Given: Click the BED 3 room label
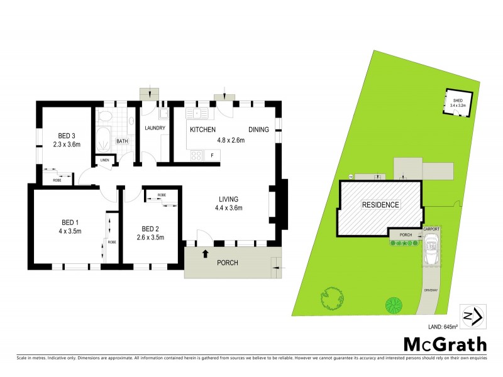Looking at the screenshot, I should tap(67, 136).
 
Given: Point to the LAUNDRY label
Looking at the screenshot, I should tap(155, 128).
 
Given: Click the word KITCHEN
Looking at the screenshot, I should tap(203, 129).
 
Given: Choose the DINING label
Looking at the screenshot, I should tap(258, 129).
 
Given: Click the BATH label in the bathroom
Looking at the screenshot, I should tap(122, 141).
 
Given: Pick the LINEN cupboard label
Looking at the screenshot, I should tap(104, 160).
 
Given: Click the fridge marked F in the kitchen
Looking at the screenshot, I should tap(212, 155).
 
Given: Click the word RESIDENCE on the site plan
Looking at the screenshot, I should tap(379, 205).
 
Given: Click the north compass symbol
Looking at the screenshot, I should tap(472, 316).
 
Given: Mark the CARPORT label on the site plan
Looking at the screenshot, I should tap(431, 229).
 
